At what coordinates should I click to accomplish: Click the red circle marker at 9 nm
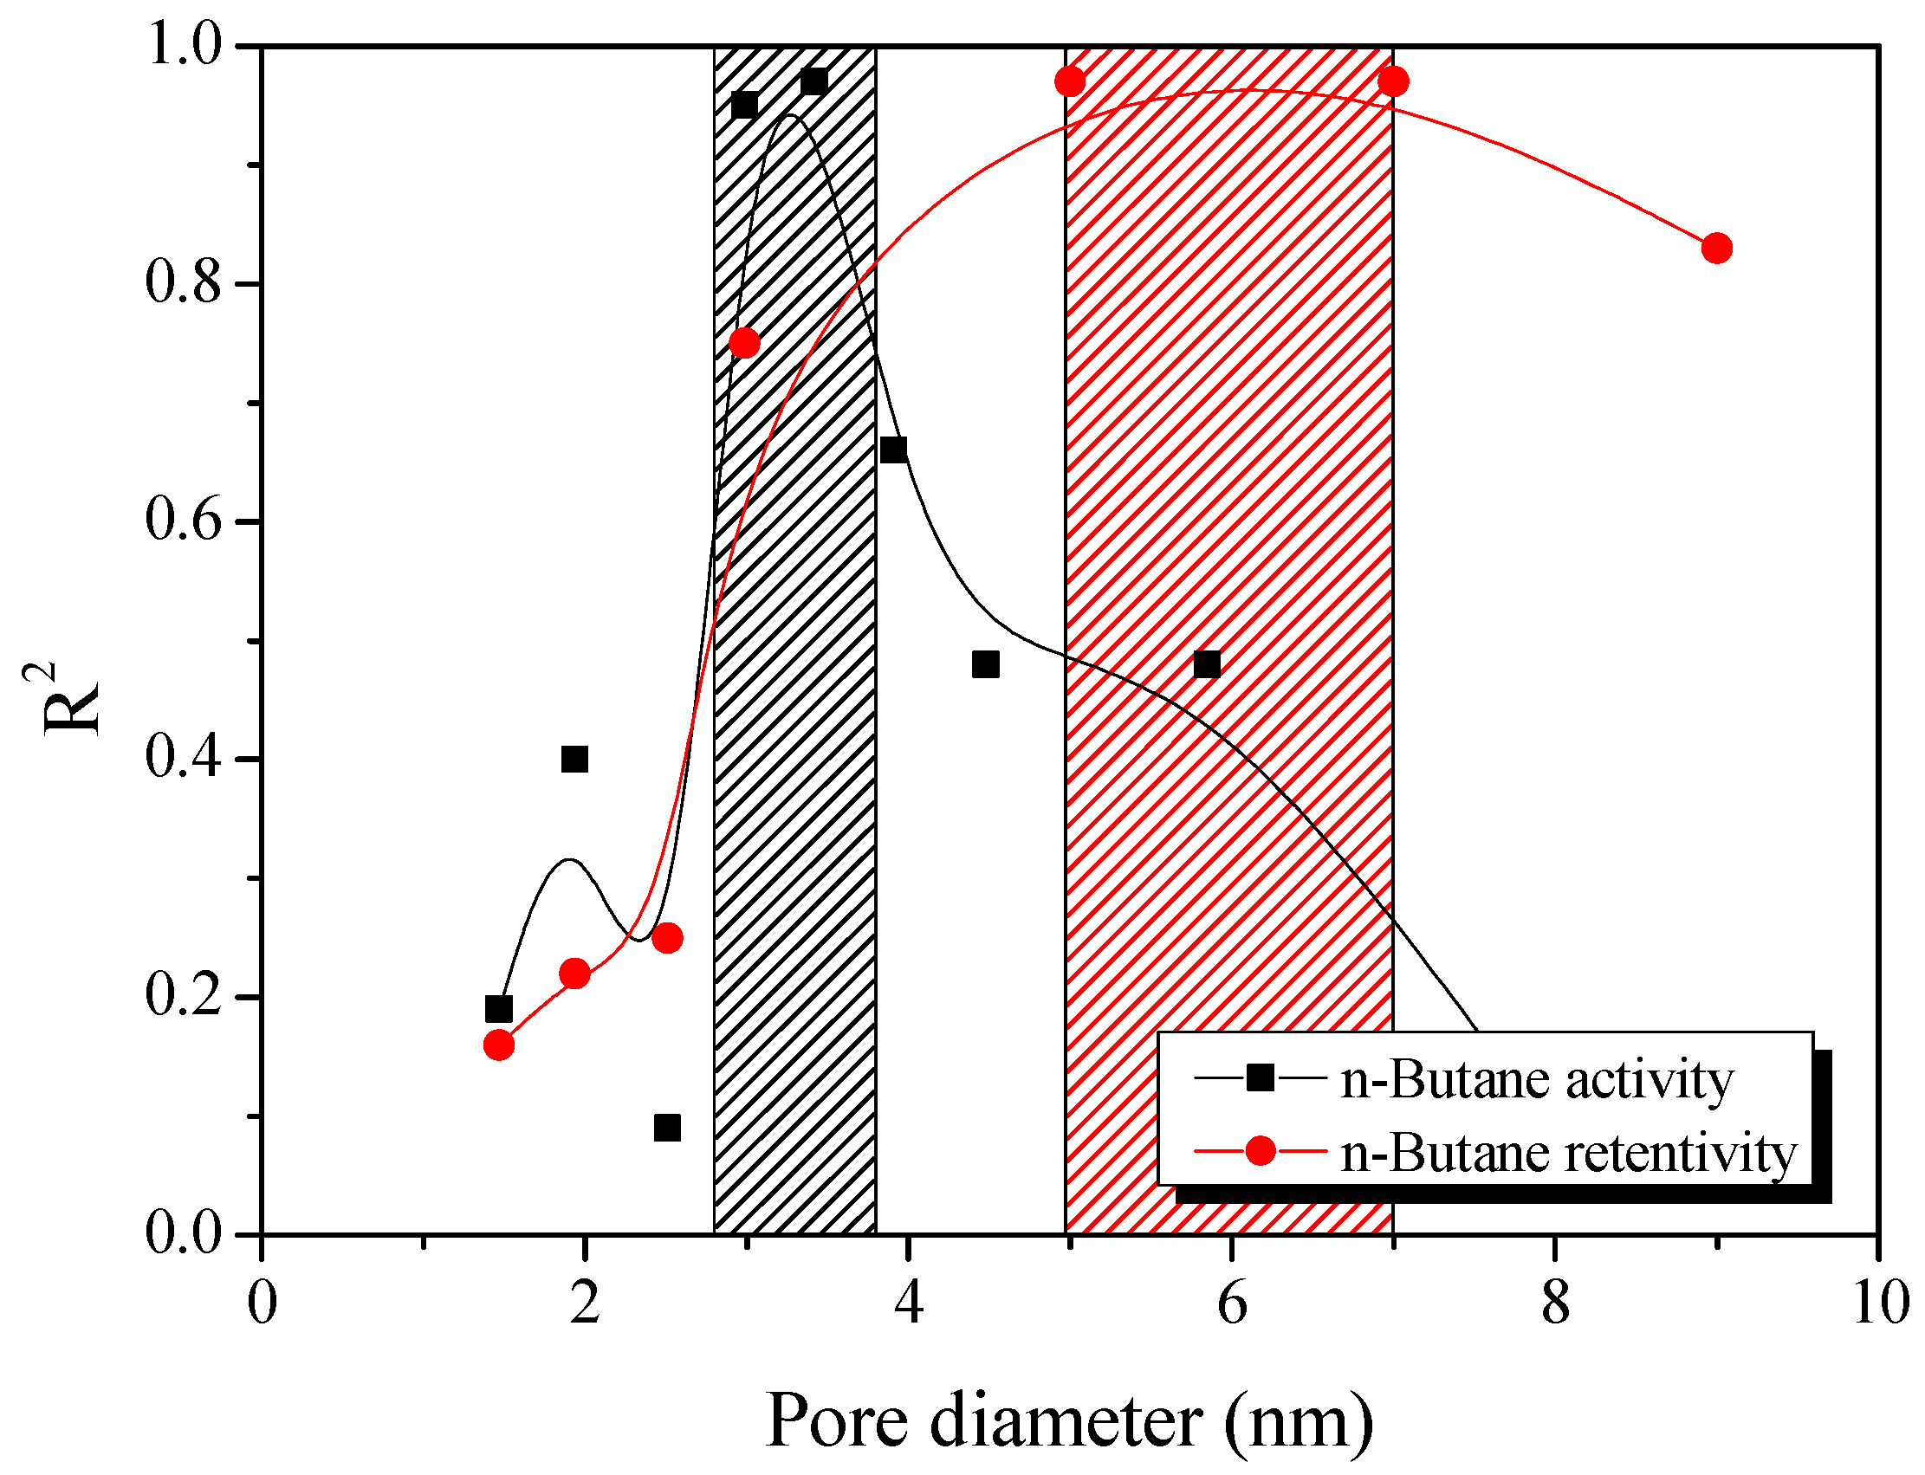(1717, 249)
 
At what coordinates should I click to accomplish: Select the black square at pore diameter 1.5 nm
(499, 1010)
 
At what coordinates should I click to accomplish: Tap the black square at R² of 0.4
(574, 759)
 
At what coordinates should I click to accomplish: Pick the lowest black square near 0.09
(667, 1129)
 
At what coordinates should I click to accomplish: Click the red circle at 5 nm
(1070, 82)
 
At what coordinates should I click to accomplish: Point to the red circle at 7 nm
(1393, 82)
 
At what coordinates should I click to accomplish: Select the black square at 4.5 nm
(985, 664)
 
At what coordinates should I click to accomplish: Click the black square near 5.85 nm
(1207, 664)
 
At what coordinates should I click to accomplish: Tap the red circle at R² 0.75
(745, 342)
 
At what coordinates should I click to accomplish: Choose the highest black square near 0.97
(813, 81)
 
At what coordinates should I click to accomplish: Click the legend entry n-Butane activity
(1537, 1080)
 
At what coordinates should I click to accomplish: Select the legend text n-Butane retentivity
(1568, 1153)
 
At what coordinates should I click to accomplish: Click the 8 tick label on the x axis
(1555, 1303)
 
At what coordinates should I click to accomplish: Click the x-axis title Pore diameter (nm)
(1070, 1420)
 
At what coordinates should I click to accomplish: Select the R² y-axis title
(66, 698)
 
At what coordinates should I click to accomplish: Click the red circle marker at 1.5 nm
(499, 1045)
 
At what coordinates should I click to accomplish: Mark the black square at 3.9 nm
(893, 450)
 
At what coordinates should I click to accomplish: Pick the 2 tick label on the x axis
(585, 1303)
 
